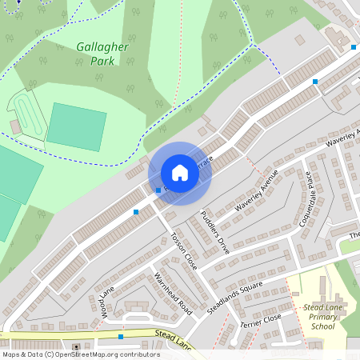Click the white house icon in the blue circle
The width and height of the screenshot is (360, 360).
click(x=180, y=174)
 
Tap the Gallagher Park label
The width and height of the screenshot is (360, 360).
click(x=102, y=54)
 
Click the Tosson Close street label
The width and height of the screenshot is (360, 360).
click(x=184, y=250)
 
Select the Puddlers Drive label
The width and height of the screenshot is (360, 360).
click(x=215, y=233)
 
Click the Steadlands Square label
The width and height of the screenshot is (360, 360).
click(x=234, y=298)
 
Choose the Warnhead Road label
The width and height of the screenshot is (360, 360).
click(x=174, y=294)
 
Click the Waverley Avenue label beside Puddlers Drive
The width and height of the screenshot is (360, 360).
click(x=256, y=190)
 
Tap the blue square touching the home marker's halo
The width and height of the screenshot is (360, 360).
click(x=158, y=190)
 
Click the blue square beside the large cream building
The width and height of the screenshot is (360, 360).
click(x=353, y=47)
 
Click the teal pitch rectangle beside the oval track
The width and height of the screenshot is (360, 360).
click(x=76, y=126)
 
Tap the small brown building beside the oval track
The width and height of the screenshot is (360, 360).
click(x=15, y=126)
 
